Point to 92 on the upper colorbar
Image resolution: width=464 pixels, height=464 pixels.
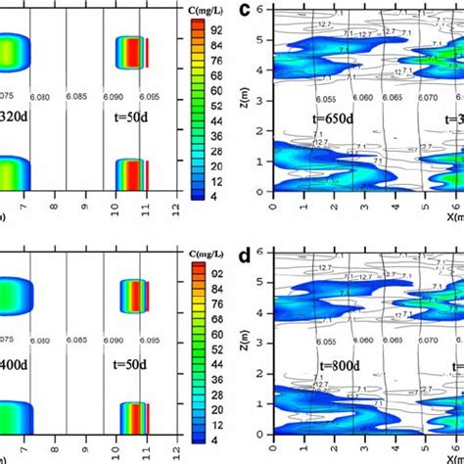tap(216, 29)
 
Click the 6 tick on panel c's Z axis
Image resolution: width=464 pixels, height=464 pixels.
tap(258, 7)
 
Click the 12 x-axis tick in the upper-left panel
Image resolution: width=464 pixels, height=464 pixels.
tap(173, 209)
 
